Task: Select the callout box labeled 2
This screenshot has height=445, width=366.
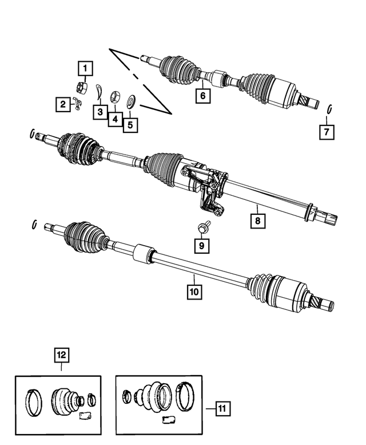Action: click(61, 104)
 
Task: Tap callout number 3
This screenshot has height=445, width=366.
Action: click(100, 112)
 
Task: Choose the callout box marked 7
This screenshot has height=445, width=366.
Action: click(327, 132)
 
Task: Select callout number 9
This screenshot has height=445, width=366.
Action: click(201, 246)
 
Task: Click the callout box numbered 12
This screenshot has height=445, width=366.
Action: click(61, 355)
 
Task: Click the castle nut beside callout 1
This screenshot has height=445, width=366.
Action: click(81, 88)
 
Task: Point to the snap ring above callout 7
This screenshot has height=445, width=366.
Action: click(331, 109)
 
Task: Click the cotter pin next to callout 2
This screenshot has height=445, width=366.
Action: click(79, 104)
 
